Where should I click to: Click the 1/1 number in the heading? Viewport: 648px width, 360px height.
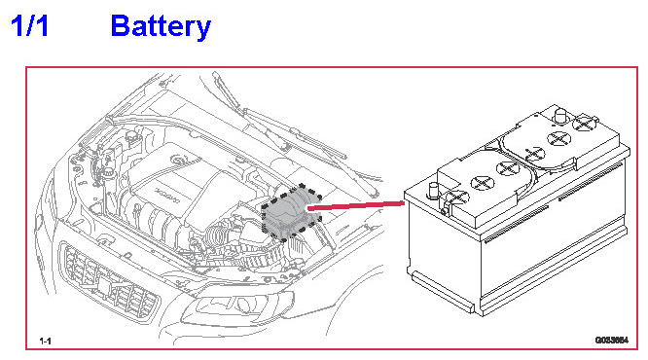[x=30, y=26]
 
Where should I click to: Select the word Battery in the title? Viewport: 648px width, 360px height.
[x=161, y=27]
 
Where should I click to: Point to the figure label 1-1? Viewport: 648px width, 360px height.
[x=45, y=341]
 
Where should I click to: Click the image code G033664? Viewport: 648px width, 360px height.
[x=612, y=341]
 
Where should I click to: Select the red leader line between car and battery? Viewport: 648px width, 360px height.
[x=356, y=206]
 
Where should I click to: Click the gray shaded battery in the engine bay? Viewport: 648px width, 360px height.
[x=291, y=212]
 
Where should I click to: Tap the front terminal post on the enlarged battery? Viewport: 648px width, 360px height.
[x=434, y=191]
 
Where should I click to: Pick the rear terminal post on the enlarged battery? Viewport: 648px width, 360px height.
[x=560, y=116]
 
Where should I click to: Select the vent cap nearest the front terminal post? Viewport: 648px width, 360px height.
[x=457, y=198]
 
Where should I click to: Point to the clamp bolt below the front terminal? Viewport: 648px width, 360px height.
[x=445, y=211]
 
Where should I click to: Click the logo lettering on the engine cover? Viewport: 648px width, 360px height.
[x=167, y=197]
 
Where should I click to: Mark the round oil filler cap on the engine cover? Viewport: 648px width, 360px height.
[x=179, y=160]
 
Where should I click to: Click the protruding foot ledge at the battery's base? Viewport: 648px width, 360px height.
[x=443, y=291]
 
